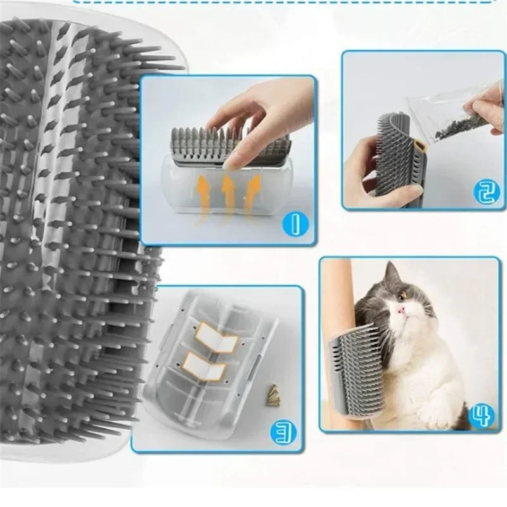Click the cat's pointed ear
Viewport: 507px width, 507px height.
coord(392,271)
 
